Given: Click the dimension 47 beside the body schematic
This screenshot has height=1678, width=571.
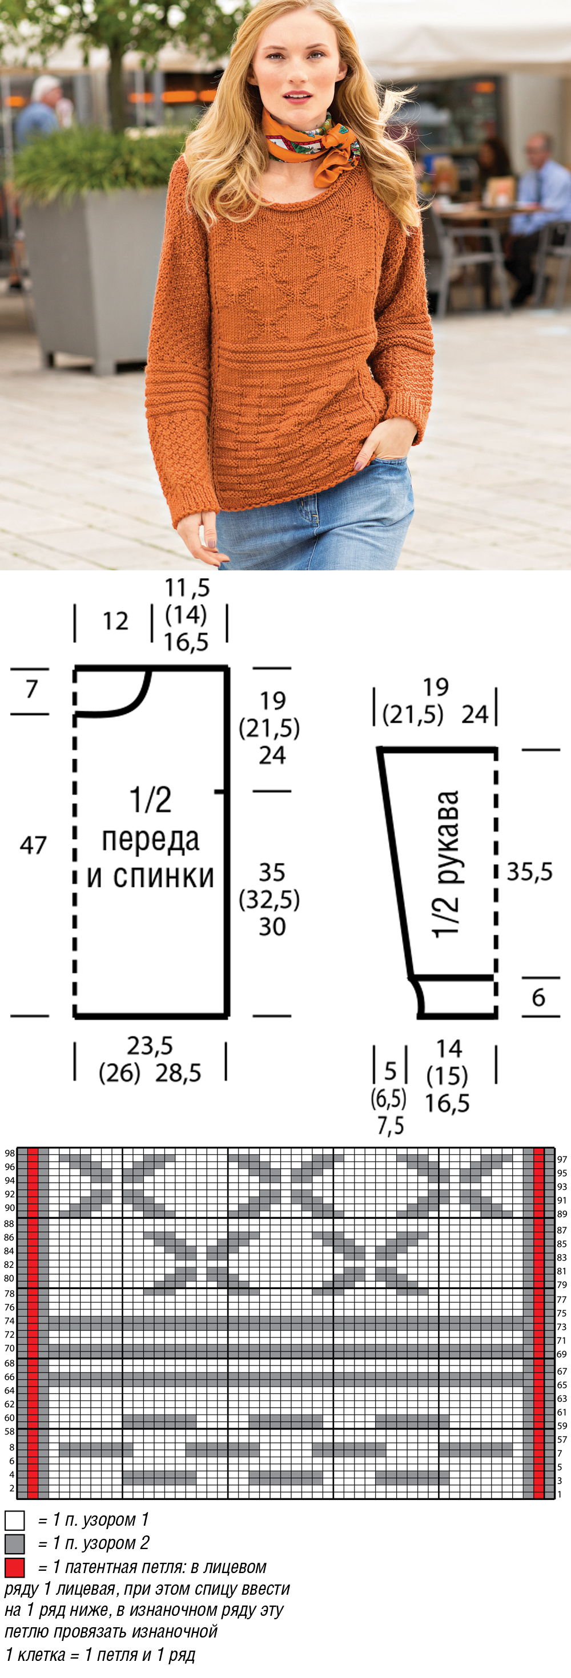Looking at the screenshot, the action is point(33,845).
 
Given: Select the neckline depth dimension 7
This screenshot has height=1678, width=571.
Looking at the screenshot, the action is point(32,689).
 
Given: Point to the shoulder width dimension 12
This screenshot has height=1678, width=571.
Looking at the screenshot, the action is point(115,622).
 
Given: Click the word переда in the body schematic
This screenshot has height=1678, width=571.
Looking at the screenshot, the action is point(151,840).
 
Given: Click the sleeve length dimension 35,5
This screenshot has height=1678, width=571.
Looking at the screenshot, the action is point(529,872).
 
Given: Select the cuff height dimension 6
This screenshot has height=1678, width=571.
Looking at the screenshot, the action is point(538,998).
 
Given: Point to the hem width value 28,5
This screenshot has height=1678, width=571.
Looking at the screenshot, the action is point(178,1073).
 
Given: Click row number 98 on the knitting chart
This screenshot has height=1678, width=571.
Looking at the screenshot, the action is point(9,1153).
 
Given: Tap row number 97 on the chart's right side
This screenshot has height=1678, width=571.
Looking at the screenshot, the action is point(562,1159).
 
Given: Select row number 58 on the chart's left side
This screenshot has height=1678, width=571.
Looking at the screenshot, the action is point(9,1431).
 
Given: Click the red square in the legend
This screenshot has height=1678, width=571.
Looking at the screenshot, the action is point(14,1567).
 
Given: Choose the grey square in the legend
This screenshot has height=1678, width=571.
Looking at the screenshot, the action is point(14,1544).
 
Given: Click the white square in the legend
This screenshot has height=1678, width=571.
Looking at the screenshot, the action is point(14,1521).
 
